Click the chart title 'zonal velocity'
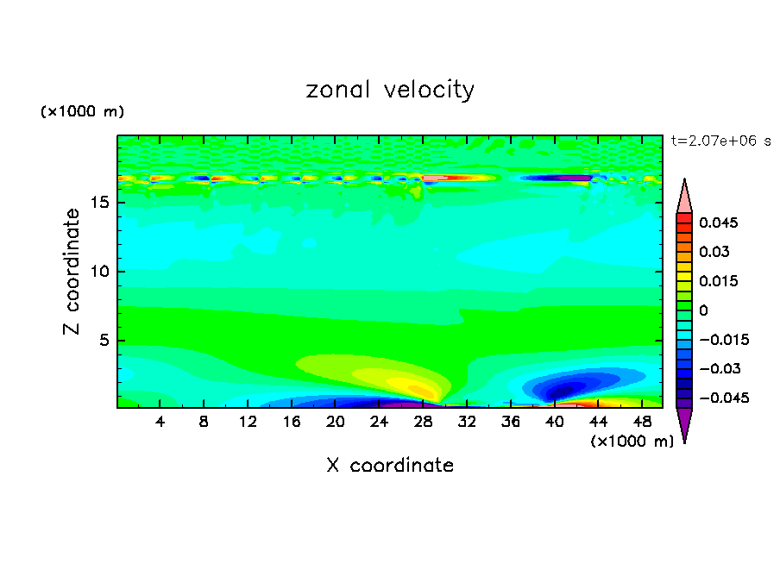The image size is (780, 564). (x=390, y=90)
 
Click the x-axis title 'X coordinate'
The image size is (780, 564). (x=390, y=466)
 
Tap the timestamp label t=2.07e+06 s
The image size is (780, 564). (x=720, y=141)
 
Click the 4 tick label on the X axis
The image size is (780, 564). (x=160, y=422)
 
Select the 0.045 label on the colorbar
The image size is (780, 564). (x=717, y=222)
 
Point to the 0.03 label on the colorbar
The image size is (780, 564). (x=714, y=252)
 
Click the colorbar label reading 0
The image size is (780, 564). (x=703, y=310)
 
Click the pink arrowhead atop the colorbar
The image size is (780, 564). (x=684, y=197)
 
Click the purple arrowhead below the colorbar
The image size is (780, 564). (x=684, y=424)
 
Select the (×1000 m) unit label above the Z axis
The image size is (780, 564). (x=82, y=112)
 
